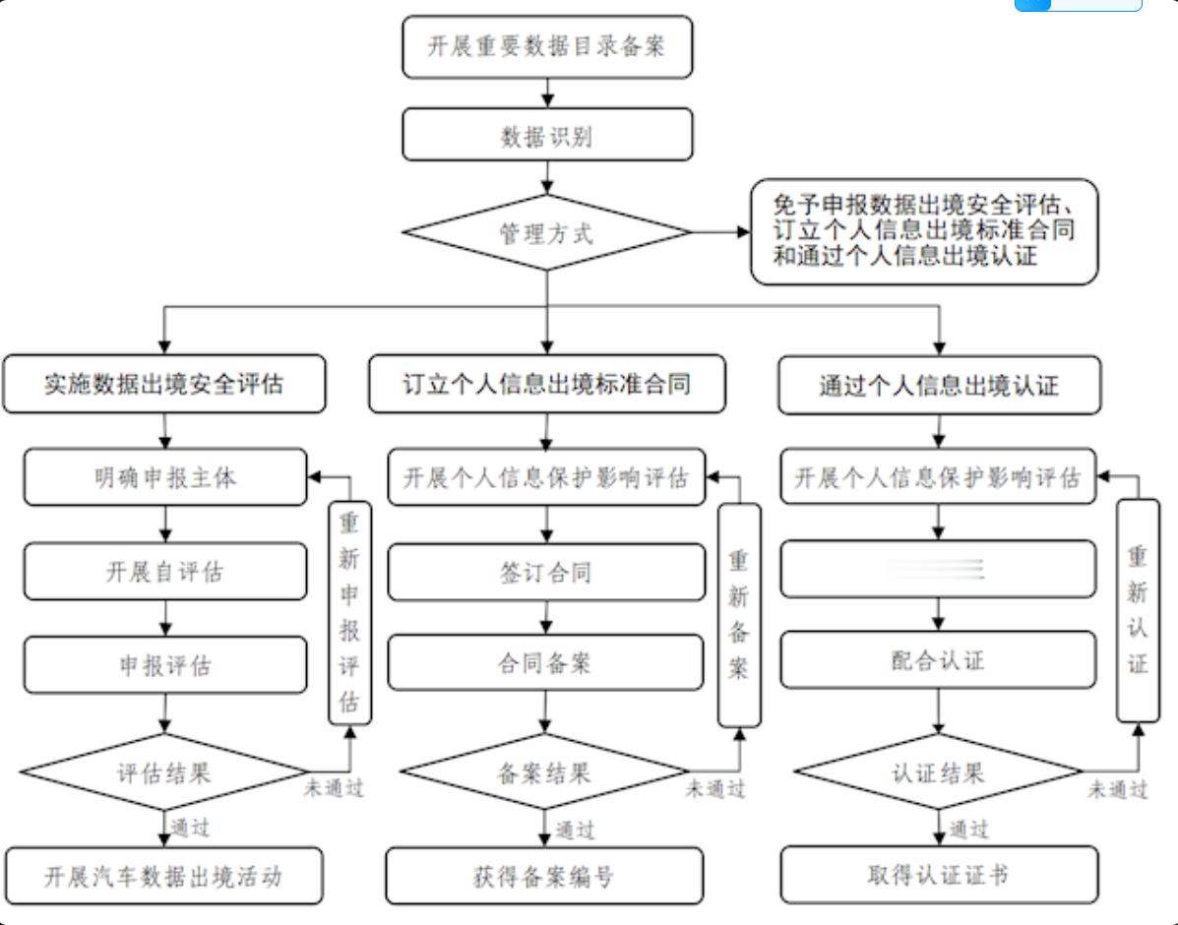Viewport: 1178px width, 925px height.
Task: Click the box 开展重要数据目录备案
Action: pos(547,47)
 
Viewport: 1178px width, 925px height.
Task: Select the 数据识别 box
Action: pos(547,135)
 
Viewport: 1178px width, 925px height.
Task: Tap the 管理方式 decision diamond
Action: pos(547,233)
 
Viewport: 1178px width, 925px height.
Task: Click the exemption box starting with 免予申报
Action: pos(923,232)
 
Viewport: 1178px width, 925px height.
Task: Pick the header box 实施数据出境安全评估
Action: pos(163,384)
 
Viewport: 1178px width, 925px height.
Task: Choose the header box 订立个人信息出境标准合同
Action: pos(547,384)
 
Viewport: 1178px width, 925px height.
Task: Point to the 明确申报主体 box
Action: pos(165,477)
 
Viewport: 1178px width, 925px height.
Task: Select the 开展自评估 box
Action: pos(165,571)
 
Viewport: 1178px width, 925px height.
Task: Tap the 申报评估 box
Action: pos(165,665)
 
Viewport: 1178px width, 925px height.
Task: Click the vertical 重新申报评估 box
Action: pos(349,615)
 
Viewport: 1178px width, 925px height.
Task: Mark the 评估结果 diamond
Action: pos(165,771)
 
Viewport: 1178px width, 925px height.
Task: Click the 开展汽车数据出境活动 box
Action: pos(163,875)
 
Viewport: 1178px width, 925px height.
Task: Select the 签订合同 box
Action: pos(546,572)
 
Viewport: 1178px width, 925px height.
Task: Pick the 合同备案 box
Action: pos(546,662)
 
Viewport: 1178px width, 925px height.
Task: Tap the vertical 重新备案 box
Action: pos(739,615)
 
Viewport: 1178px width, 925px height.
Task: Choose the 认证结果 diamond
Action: pos(938,771)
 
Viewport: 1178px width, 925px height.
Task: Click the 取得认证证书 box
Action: pos(939,873)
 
